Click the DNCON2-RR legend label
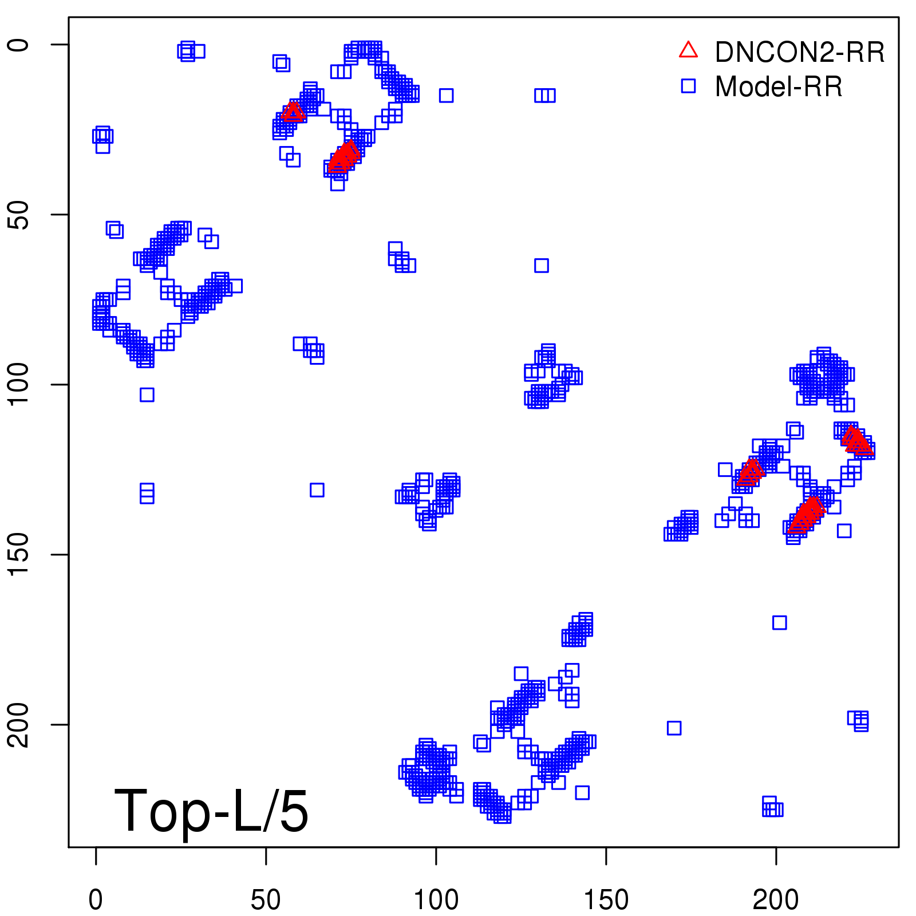pyautogui.click(x=799, y=52)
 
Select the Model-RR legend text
pyautogui.click(x=779, y=87)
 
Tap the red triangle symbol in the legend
pyautogui.click(x=688, y=50)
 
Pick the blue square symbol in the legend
pyautogui.click(x=688, y=86)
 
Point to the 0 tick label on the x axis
pyautogui.click(x=96, y=900)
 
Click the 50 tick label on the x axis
pyautogui.click(x=266, y=900)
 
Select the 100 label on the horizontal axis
pyautogui.click(x=436, y=900)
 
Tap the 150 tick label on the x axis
pyautogui.click(x=606, y=900)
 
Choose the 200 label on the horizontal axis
pyautogui.click(x=776, y=900)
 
